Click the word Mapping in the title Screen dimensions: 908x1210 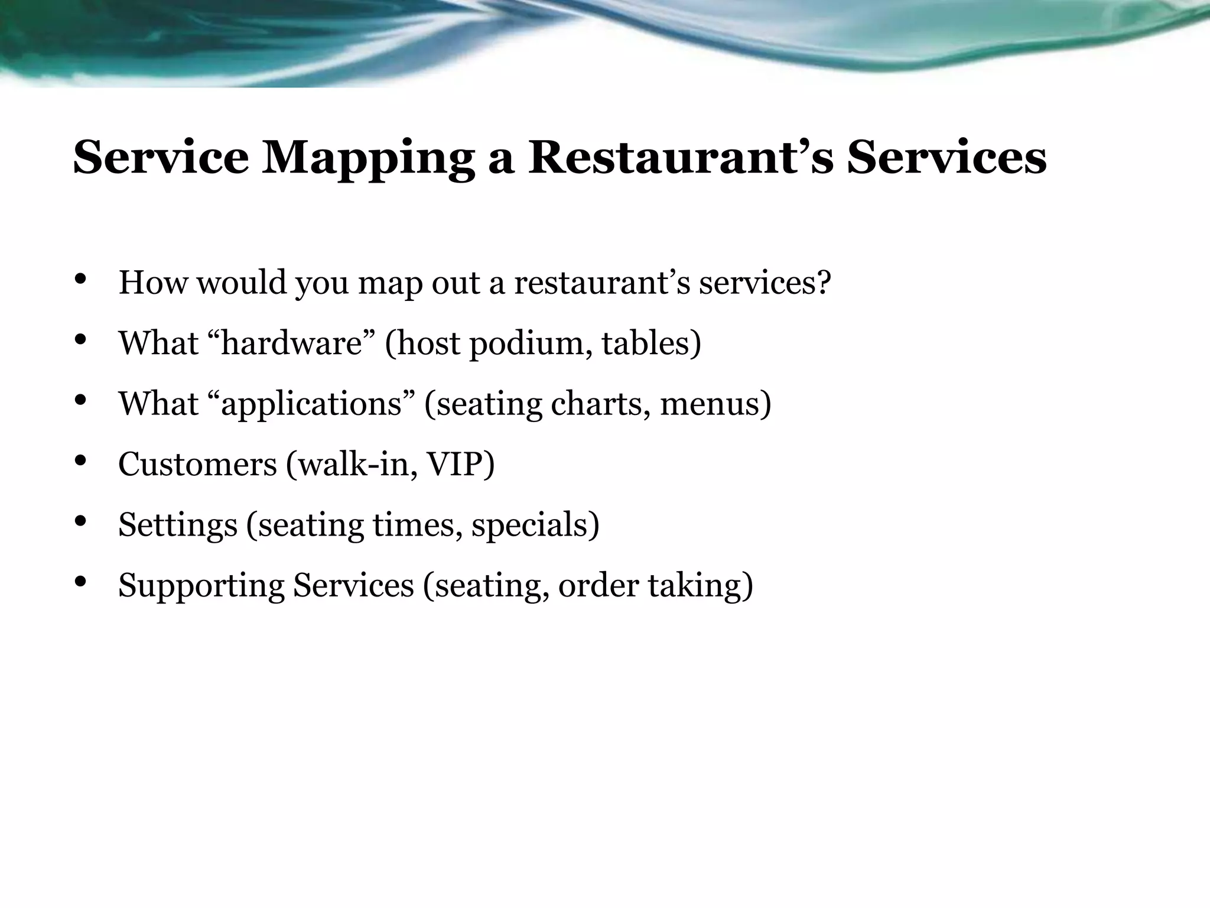[x=369, y=158]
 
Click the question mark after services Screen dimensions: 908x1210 [x=823, y=283]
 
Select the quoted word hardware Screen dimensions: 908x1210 [x=291, y=343]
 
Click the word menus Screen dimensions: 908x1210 [x=711, y=404]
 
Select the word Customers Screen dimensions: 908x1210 [x=197, y=464]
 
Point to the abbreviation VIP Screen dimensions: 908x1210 [x=455, y=464]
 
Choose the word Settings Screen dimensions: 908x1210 [x=177, y=525]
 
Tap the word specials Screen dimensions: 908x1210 [x=530, y=525]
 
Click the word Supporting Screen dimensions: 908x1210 [x=201, y=586]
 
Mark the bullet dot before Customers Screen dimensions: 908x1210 [x=81, y=461]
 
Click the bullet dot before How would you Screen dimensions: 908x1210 [x=81, y=279]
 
